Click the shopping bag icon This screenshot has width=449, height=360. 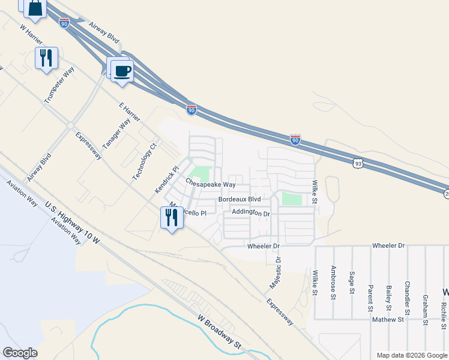[x=35, y=8]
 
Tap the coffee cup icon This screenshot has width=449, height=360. [x=122, y=70]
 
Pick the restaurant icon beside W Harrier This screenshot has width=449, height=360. [x=47, y=58]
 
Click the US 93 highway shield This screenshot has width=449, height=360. [x=357, y=163]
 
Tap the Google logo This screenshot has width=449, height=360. [x=20, y=353]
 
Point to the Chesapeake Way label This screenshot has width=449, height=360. [x=210, y=184]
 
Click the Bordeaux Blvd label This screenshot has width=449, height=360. [x=240, y=199]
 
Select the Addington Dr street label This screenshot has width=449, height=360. [x=252, y=213]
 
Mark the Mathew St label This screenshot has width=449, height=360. [x=387, y=320]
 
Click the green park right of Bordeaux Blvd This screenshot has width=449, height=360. [x=292, y=199]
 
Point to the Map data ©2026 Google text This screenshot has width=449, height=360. [x=411, y=355]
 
